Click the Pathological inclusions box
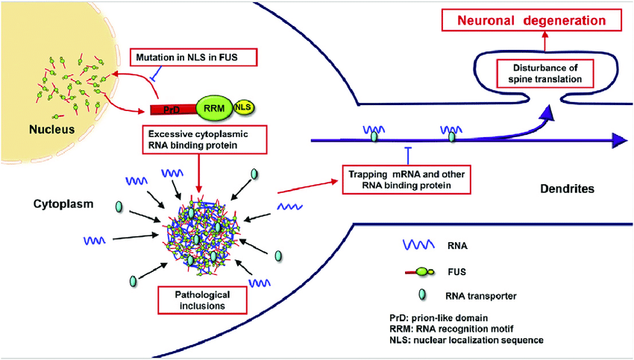point(199,300)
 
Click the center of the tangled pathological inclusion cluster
point(200,234)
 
